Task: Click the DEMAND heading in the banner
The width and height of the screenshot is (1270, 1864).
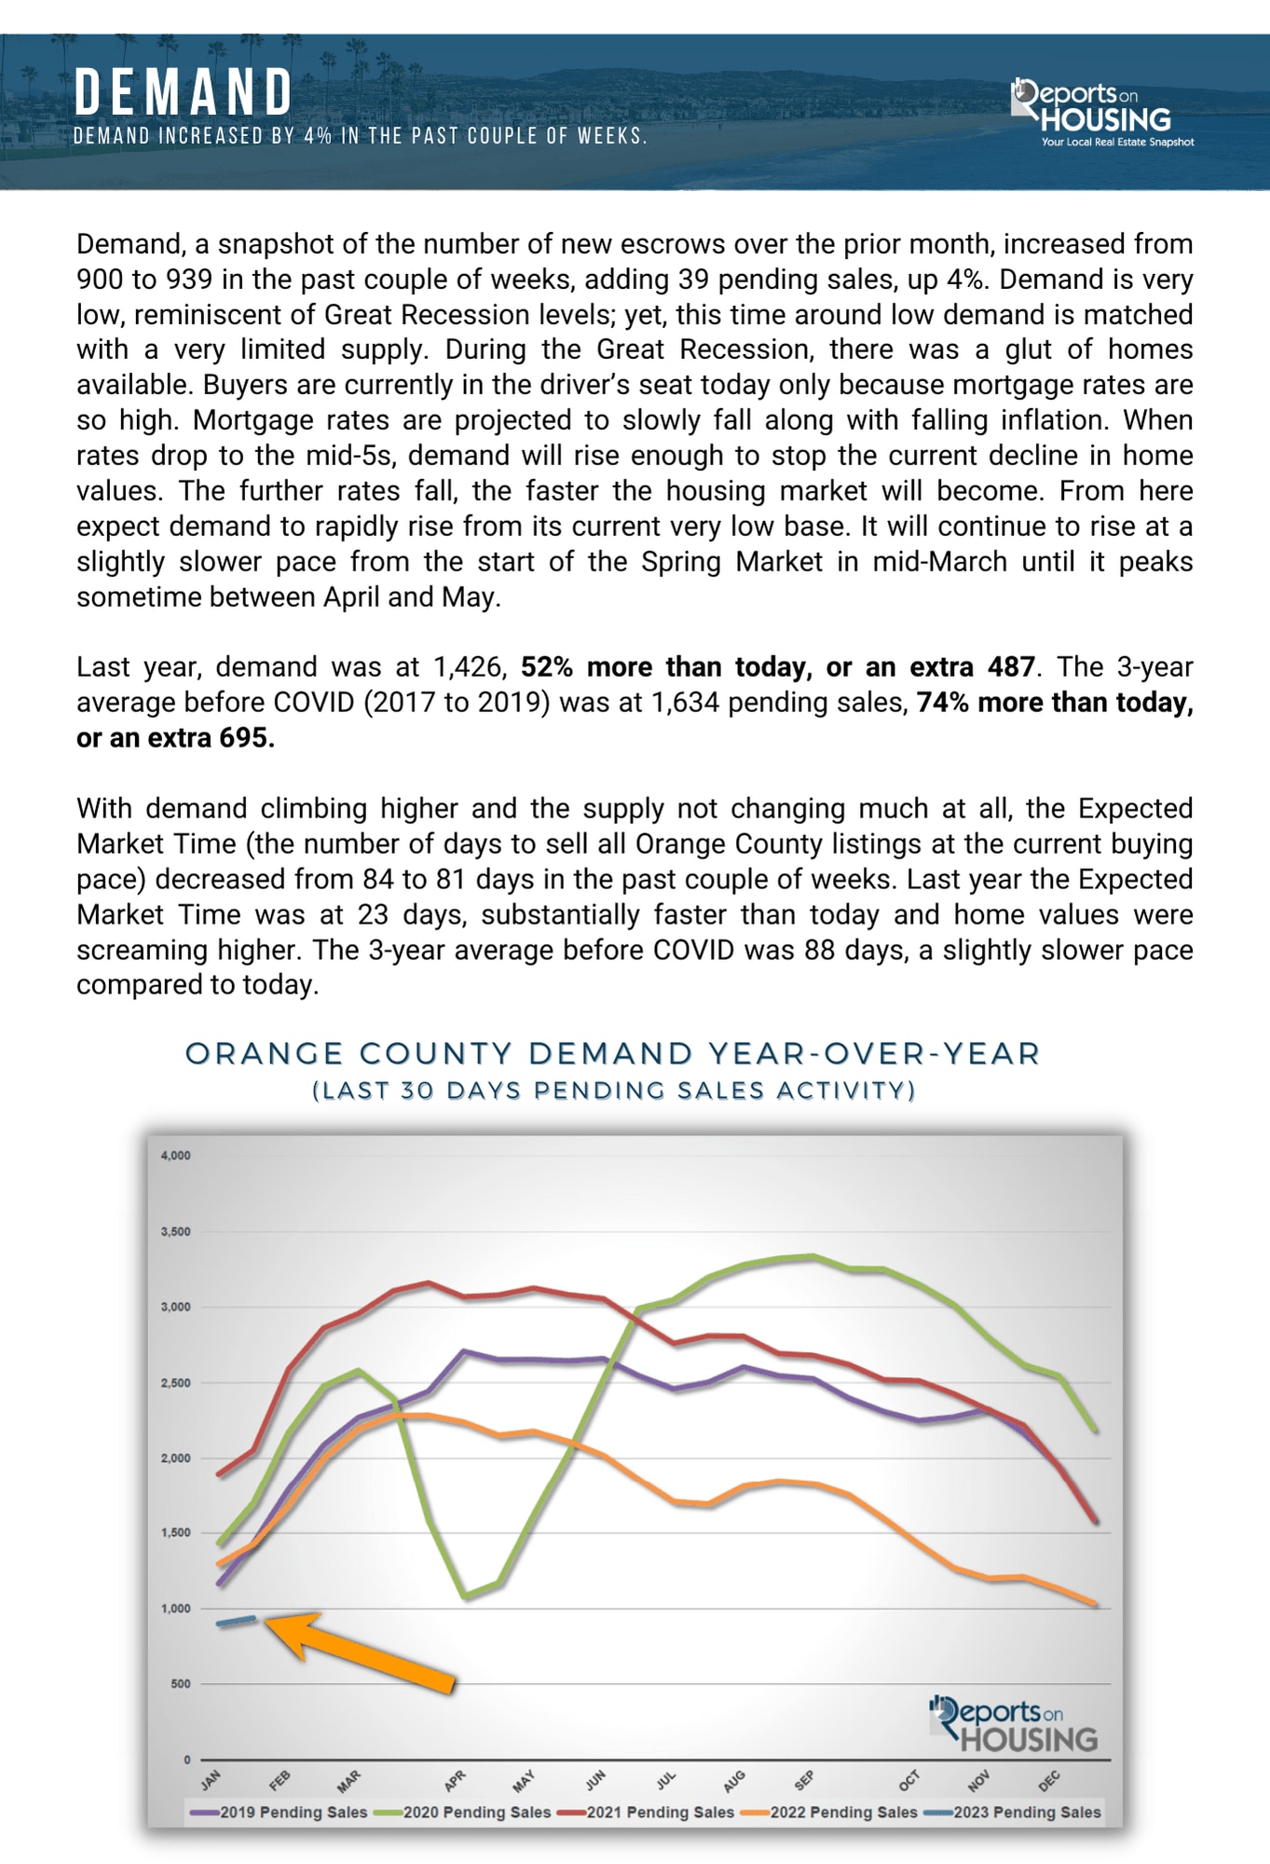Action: tap(184, 93)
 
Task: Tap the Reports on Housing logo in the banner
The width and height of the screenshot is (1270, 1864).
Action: tap(1099, 112)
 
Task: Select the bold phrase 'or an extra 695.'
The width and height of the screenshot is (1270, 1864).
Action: tap(175, 738)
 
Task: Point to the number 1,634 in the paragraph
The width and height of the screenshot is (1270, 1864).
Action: tap(685, 703)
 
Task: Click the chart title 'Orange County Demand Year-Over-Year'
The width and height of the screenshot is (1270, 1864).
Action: tap(612, 1054)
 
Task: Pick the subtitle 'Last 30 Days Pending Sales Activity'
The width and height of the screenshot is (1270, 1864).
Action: tap(614, 1090)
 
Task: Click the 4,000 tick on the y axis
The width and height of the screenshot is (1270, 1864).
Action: tap(175, 1156)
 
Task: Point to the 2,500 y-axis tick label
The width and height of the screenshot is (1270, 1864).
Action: tap(175, 1383)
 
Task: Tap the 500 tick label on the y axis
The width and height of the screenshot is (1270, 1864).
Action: tap(181, 1684)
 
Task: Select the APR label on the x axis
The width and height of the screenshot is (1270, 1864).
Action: tap(455, 1781)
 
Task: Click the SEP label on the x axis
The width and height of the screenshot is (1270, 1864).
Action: tap(804, 1781)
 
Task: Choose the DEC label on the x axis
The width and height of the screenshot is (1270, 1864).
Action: tap(1049, 1782)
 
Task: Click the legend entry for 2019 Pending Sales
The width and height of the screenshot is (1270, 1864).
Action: tap(280, 1813)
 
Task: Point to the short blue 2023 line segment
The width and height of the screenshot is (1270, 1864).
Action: tap(236, 1622)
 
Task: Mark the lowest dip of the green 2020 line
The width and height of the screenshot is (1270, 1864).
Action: tap(466, 1597)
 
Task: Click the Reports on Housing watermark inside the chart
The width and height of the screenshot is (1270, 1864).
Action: tap(1014, 1726)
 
